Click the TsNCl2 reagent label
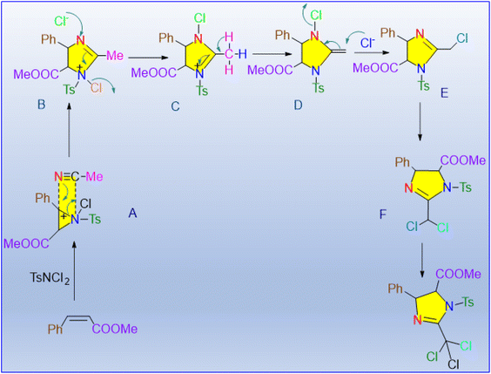[50, 278]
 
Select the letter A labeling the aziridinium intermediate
[132, 214]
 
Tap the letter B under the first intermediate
[41, 104]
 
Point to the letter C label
[175, 106]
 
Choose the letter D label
[298, 105]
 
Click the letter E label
[444, 92]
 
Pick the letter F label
[383, 214]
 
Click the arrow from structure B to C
[146, 58]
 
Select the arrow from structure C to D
[270, 54]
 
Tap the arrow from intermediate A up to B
[69, 131]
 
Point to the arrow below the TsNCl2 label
[74, 270]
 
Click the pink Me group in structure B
[115, 56]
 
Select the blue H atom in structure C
[242, 54]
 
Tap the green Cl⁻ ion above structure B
[61, 21]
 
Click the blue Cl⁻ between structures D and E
[367, 43]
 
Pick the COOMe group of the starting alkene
[115, 329]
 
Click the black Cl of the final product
[453, 364]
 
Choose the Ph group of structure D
[283, 35]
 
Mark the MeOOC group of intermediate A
[26, 243]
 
